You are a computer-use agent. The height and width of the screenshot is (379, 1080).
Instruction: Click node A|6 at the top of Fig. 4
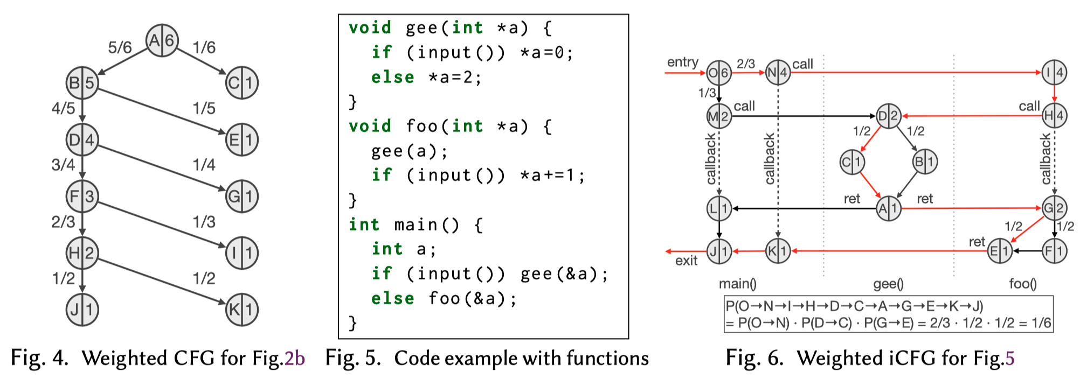[x=162, y=40]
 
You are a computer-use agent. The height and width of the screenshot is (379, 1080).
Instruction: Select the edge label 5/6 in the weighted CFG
[x=120, y=47]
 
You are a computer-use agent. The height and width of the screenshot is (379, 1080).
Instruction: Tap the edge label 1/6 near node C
[x=204, y=47]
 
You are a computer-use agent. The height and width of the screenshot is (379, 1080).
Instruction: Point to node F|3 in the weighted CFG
[x=82, y=196]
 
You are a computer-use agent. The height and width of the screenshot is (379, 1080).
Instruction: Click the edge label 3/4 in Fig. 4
[x=63, y=165]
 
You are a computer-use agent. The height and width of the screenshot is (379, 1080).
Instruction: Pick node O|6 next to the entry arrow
[x=718, y=73]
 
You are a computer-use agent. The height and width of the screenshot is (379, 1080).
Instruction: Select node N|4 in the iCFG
[x=778, y=72]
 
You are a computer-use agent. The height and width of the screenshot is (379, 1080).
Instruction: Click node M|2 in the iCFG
[x=719, y=116]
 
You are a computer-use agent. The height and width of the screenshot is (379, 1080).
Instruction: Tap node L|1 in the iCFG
[x=719, y=208]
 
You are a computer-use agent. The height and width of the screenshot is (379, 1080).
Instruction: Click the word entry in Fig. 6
[x=682, y=62]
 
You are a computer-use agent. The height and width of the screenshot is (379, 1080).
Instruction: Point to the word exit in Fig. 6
[x=686, y=261]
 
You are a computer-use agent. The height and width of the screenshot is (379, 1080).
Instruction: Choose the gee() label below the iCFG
[x=888, y=284]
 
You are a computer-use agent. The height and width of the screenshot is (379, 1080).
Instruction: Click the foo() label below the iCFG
[x=1022, y=284]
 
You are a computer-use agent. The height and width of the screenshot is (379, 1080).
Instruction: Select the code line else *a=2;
[x=426, y=78]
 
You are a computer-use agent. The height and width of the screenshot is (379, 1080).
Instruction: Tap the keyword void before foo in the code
[x=370, y=127]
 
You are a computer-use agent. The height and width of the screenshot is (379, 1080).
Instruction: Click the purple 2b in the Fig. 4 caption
[x=295, y=359]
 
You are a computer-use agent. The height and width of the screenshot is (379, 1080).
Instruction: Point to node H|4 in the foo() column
[x=1054, y=116]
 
